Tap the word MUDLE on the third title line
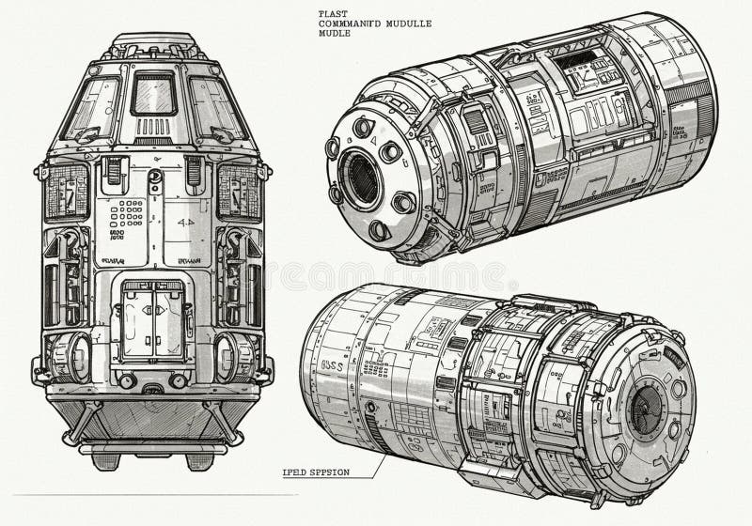[x=336, y=35]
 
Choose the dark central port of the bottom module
[x=646, y=410]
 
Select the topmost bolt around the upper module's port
[x=364, y=127]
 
